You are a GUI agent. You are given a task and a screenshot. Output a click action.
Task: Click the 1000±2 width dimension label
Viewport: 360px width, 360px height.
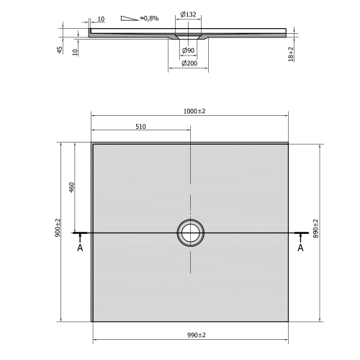194,110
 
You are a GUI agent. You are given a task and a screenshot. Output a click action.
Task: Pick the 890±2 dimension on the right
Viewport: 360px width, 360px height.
315,229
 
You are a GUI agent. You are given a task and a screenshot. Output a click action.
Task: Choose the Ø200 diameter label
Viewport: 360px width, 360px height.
189,63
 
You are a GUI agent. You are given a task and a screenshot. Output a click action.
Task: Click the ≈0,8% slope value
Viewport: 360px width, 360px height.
150,17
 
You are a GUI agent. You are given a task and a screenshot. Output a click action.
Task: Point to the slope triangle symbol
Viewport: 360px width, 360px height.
130,17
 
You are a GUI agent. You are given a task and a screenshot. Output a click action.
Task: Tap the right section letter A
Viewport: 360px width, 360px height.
300,248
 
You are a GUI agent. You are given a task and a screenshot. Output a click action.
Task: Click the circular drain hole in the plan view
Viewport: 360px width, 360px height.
192,232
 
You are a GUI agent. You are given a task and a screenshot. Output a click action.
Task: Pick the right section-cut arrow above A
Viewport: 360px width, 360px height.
300,234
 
